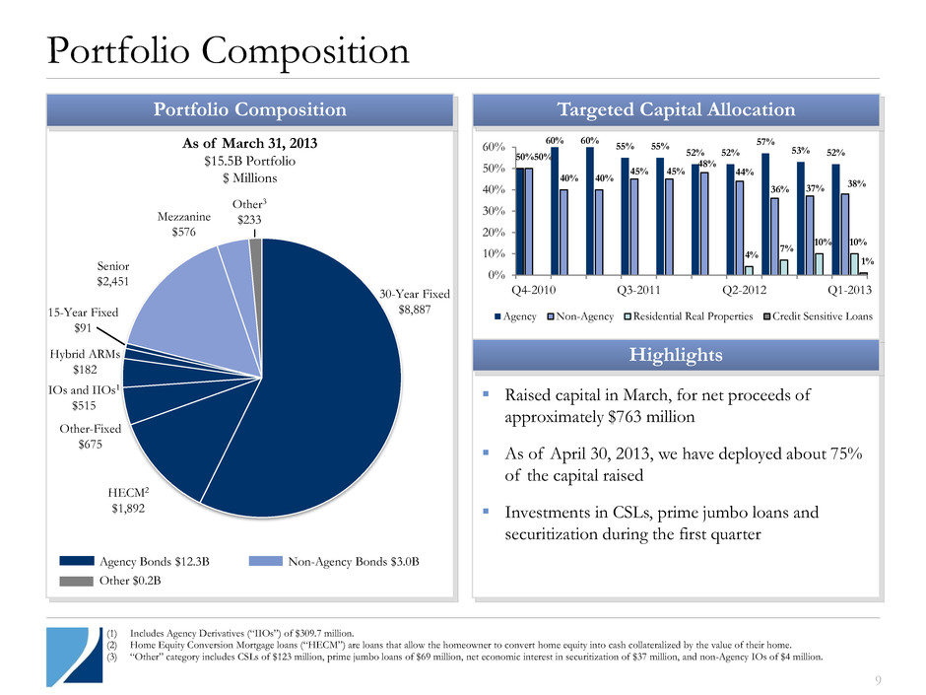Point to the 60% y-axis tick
tap(496, 147)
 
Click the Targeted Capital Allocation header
tap(676, 109)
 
